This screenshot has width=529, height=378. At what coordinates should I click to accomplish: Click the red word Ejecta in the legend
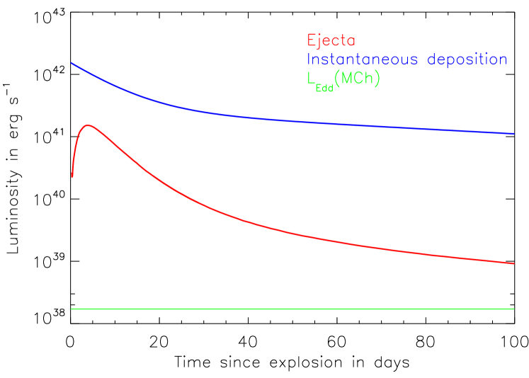(x=331, y=41)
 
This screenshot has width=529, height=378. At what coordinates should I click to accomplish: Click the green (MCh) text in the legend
(x=358, y=79)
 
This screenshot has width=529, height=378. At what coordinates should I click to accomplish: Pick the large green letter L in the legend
(x=312, y=79)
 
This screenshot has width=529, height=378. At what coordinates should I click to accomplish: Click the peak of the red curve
(x=88, y=125)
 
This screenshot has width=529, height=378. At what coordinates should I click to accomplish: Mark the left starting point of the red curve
(x=72, y=176)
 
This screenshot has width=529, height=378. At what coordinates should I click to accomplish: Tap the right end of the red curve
(x=513, y=263)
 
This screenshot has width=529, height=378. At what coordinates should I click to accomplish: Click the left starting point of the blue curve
(x=72, y=64)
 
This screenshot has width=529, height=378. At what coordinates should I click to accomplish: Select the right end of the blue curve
(x=513, y=133)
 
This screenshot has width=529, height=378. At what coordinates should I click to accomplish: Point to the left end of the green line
(x=72, y=309)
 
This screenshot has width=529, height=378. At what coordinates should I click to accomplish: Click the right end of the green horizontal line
(x=513, y=309)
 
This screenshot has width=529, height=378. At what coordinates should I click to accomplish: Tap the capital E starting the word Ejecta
(x=312, y=41)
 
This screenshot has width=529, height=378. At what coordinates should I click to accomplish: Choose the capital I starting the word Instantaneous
(x=309, y=60)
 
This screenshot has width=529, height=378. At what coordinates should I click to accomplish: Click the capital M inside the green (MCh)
(x=348, y=79)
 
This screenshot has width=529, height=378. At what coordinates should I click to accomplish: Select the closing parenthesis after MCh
(x=377, y=79)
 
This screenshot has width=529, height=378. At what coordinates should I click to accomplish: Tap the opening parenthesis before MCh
(x=339, y=79)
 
